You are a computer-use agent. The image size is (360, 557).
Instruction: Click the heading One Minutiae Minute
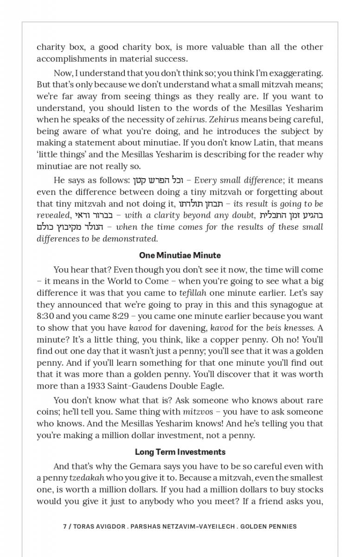[180, 255]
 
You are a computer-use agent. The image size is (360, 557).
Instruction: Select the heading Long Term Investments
[180, 452]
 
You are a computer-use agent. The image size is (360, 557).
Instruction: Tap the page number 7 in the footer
[64, 526]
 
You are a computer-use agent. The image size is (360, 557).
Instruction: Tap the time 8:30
[46, 316]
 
